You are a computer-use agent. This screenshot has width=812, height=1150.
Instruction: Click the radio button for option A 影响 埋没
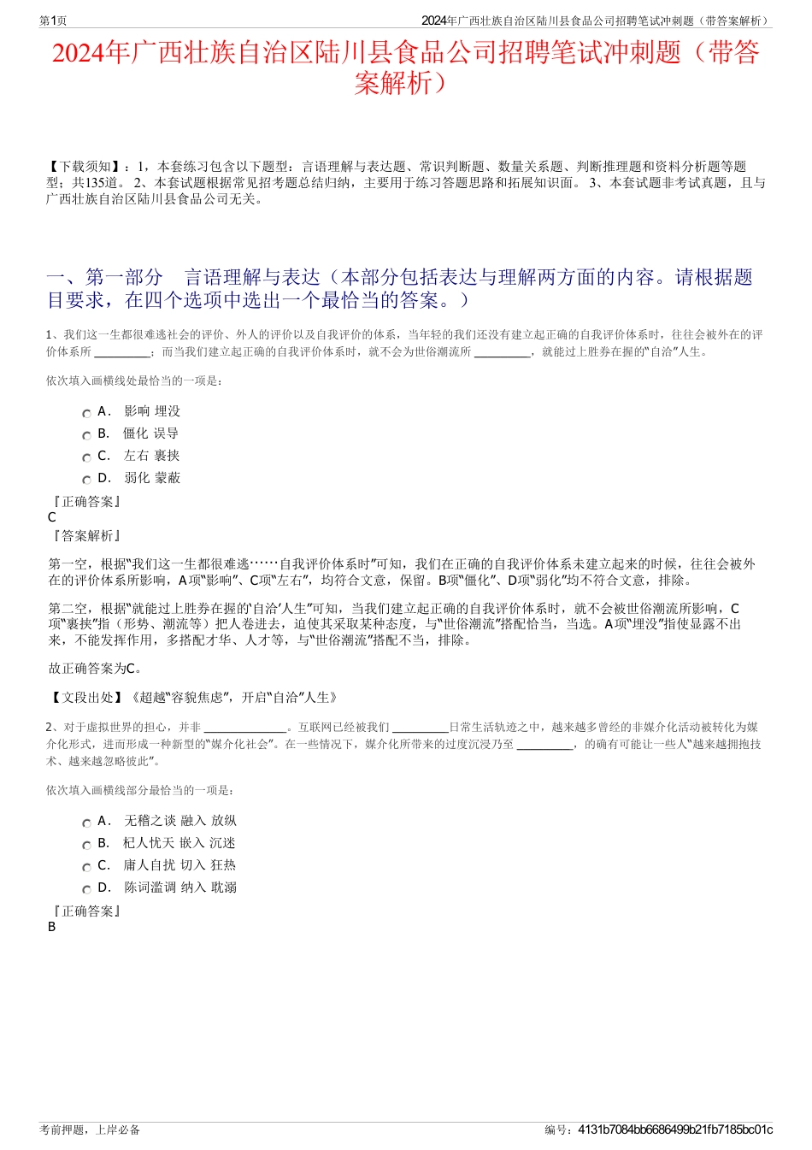coord(86,413)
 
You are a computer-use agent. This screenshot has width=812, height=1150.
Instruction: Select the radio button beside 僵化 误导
coord(86,435)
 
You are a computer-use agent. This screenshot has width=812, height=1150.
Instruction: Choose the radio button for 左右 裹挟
coord(86,457)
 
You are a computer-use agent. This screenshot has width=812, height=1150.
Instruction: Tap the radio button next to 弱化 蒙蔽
coord(86,480)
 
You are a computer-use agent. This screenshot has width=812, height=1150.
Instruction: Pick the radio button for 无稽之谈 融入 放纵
coord(86,823)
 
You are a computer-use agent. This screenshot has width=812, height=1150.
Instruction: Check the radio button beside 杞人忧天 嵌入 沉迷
coord(86,845)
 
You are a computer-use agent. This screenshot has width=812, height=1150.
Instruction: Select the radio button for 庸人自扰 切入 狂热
coord(86,867)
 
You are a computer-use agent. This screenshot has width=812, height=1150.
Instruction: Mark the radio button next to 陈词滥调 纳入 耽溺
coord(86,889)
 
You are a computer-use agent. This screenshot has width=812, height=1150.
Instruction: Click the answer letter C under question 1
coord(52,517)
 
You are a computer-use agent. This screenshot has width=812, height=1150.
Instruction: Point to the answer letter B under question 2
coord(52,927)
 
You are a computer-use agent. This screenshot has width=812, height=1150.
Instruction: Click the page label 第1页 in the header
coord(53,21)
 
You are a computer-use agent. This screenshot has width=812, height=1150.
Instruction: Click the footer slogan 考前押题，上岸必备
coord(90,1129)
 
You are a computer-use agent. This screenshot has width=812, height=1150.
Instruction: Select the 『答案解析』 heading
coord(86,536)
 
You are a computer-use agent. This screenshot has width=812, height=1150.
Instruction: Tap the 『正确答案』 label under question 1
coord(86,502)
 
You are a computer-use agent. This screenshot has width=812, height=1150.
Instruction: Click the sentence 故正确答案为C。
coord(96,669)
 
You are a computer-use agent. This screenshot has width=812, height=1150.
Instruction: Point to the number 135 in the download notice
coord(95,183)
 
